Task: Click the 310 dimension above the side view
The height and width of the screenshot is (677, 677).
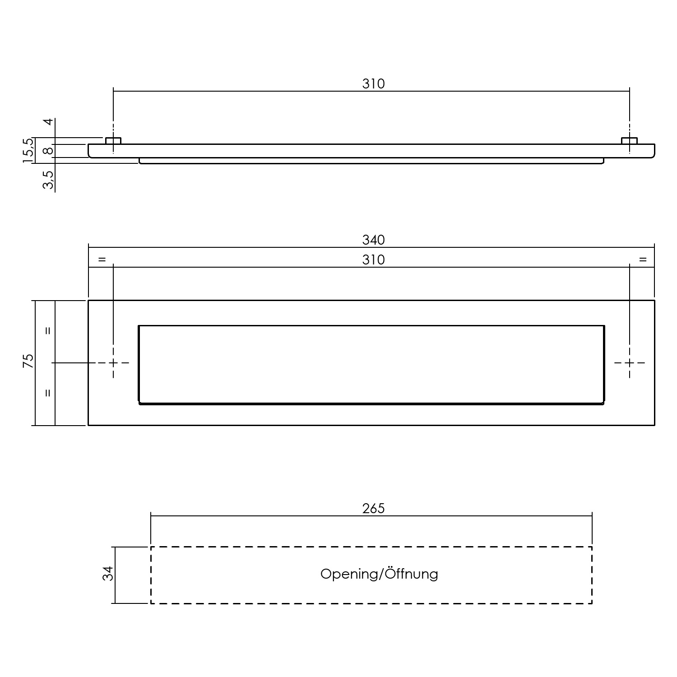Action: [x=373, y=84]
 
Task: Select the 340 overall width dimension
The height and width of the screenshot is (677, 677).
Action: [x=373, y=240]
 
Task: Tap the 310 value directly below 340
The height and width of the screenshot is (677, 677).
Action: [x=373, y=260]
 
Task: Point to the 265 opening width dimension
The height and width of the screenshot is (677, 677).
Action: [x=373, y=509]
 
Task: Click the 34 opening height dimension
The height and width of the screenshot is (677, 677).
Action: [x=108, y=574]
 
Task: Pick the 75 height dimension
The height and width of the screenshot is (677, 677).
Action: [x=28, y=361]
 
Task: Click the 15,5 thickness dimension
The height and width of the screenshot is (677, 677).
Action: [x=28, y=150]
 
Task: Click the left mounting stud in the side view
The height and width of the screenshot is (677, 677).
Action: [x=113, y=141]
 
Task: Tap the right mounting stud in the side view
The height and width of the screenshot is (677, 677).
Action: [x=630, y=141]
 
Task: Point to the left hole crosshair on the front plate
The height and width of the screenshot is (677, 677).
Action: [x=113, y=363]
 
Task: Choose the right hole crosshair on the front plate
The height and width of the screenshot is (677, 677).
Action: [x=630, y=363]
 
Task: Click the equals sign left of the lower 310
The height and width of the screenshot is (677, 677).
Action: [x=102, y=260]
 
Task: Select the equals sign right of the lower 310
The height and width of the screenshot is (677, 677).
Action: [x=643, y=260]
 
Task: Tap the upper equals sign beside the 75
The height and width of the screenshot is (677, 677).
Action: [x=48, y=330]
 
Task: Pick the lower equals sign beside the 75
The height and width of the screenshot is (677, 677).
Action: [x=48, y=393]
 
